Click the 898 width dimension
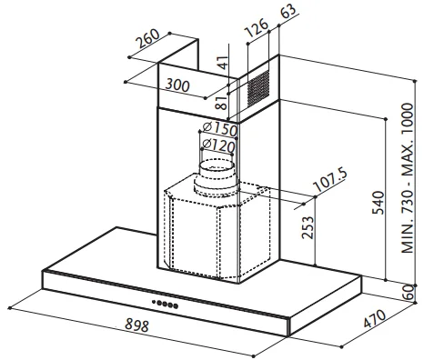(137, 325)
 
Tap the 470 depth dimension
(375, 319)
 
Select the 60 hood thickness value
(409, 292)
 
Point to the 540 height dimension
(379, 203)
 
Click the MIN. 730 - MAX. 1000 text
(408, 178)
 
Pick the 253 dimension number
(308, 227)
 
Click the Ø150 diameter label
(220, 129)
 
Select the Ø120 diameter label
(218, 145)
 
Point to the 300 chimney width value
(177, 85)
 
